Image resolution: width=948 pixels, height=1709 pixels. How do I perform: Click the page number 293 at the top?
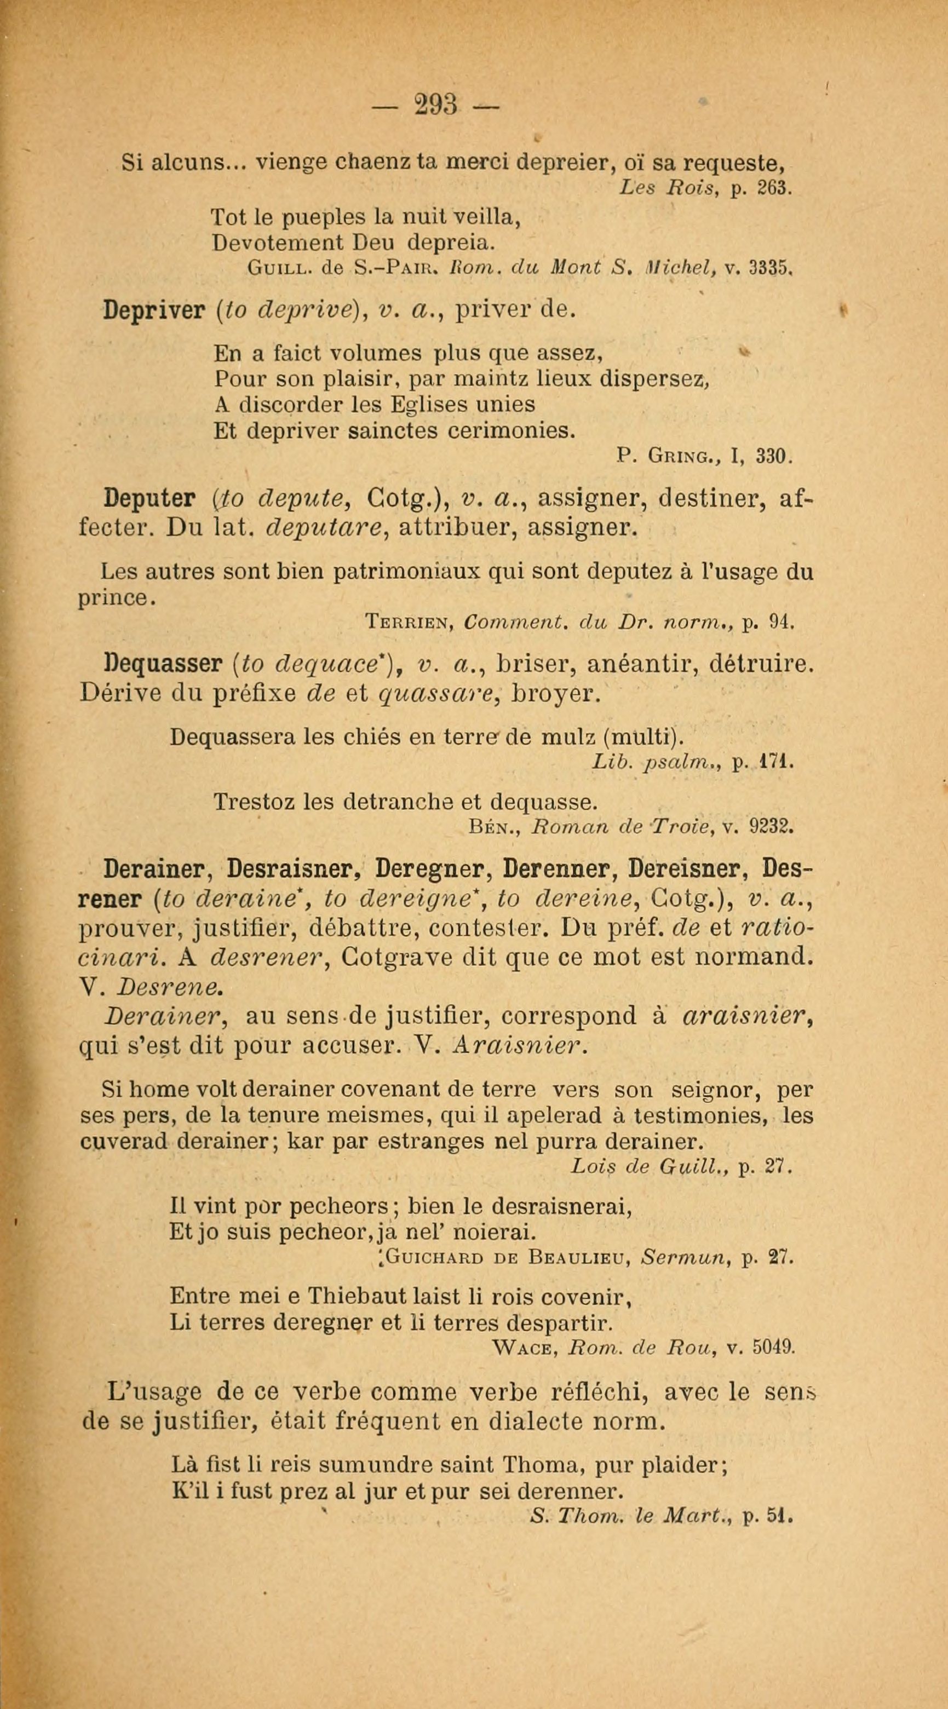click(x=437, y=105)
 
